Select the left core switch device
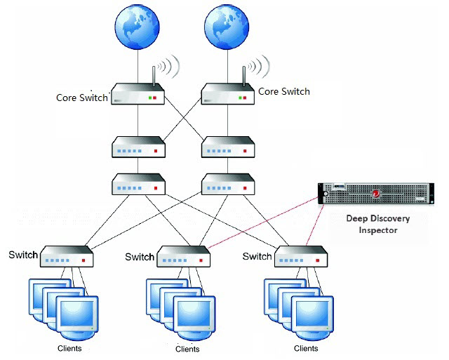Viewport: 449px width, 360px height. pos(138,95)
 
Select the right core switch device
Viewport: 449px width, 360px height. pos(227,95)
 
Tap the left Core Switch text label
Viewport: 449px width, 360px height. pos(82,98)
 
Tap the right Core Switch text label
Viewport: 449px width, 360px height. pos(284,91)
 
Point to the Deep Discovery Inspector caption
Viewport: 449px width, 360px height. pos(378,224)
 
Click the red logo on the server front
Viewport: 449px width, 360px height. pos(376,194)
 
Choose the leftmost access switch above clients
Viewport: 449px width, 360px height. pos(67,257)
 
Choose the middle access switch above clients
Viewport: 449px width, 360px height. pos(184,257)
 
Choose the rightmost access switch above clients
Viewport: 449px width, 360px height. pos(300,257)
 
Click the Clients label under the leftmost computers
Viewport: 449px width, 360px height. pos(69,348)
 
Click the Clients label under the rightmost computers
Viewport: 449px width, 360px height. pos(306,348)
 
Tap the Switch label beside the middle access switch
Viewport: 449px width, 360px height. pos(140,257)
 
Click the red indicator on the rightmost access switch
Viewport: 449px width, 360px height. pos(319,260)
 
